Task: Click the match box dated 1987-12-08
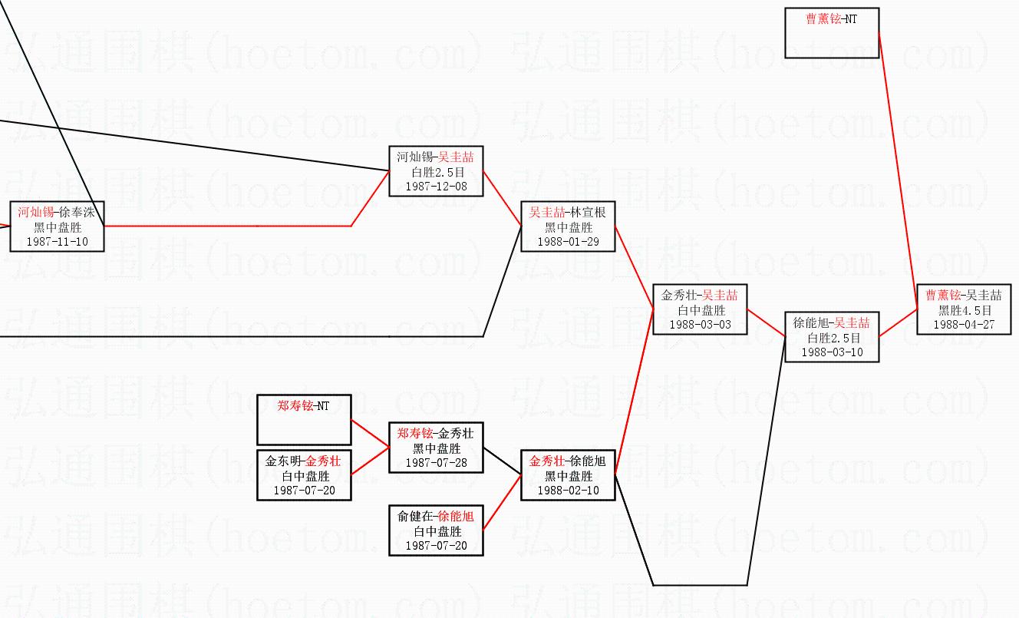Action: click(x=436, y=171)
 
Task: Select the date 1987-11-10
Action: click(x=58, y=242)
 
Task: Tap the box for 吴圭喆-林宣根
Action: click(x=568, y=226)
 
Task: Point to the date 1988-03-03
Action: click(x=700, y=325)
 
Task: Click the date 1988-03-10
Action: click(x=832, y=352)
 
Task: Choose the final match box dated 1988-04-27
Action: click(x=964, y=309)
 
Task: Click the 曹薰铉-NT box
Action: click(x=832, y=33)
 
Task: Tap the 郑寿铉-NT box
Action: click(x=304, y=420)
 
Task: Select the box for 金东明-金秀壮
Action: click(x=304, y=475)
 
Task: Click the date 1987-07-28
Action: click(x=437, y=463)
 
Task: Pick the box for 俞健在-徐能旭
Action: click(x=436, y=530)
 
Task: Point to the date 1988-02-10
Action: click(x=568, y=491)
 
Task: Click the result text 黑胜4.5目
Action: click(x=965, y=310)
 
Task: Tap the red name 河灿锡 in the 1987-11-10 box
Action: click(x=36, y=212)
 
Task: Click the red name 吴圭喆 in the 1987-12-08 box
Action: click(x=456, y=157)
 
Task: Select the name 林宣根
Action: click(x=588, y=213)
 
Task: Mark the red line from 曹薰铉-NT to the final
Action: click(x=898, y=171)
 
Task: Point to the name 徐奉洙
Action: click(x=77, y=212)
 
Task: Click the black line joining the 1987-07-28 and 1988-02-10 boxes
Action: click(x=503, y=461)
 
